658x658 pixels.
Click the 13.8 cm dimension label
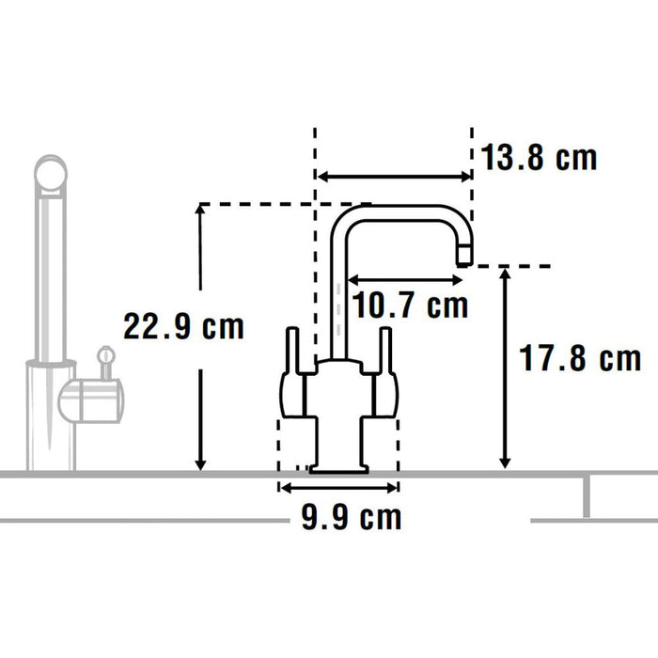click(539, 158)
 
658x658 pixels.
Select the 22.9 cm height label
click(183, 327)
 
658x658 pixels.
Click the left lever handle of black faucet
click(291, 352)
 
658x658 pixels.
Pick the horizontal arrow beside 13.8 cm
click(393, 176)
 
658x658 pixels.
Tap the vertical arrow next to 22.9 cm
click(200, 338)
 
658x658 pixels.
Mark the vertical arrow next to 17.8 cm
click(505, 367)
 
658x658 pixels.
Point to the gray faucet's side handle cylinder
click(92, 399)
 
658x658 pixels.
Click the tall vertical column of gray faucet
click(49, 282)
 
